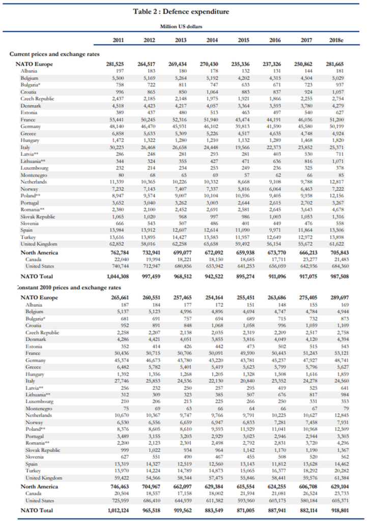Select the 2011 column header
pos(118,40)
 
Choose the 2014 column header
pos(212,40)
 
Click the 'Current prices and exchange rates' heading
pos(55,54)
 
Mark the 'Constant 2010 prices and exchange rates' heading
pos(61,287)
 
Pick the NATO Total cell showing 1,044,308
pos(118,276)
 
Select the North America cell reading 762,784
pos(118,253)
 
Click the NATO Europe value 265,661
pos(118,298)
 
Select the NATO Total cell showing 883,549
pos(212,510)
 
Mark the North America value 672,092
pos(212,253)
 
